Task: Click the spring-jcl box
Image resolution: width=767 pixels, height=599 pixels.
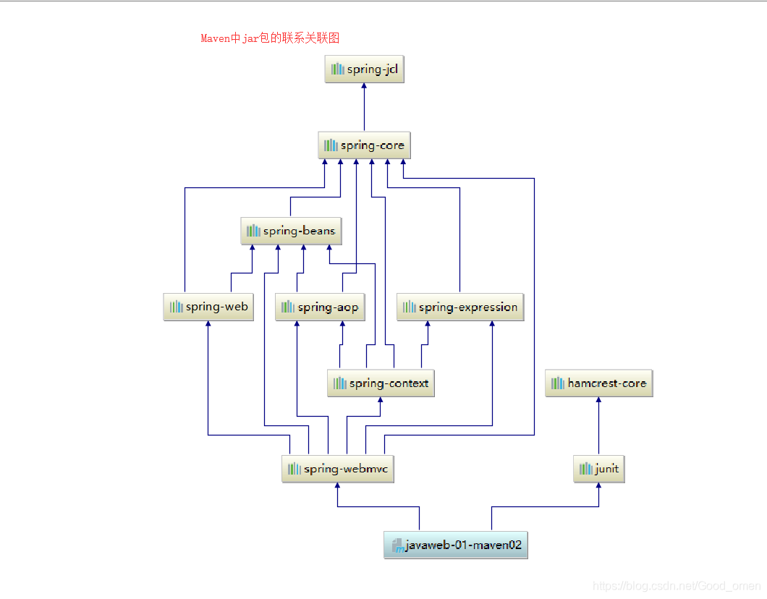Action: coord(364,69)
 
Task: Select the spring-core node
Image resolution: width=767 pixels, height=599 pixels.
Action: coord(364,145)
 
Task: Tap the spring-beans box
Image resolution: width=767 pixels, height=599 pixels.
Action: coord(290,231)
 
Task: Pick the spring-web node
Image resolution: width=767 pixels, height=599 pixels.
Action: coord(208,307)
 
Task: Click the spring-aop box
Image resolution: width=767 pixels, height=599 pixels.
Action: coord(319,307)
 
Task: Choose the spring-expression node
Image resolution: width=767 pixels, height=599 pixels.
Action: coord(460,307)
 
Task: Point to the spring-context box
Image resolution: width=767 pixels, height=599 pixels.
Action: coord(381,383)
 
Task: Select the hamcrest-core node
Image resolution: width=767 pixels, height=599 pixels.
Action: coord(598,383)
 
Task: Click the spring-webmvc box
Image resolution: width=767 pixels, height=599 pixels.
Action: coord(337,469)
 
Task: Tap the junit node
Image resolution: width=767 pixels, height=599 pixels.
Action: coord(598,469)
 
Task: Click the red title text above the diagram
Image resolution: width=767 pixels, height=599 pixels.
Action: coord(270,38)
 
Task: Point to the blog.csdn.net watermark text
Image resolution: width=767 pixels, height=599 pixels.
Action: coord(677,585)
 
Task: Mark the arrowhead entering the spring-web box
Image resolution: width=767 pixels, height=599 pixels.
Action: coord(208,325)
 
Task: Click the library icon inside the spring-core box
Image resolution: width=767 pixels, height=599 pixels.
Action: coord(331,145)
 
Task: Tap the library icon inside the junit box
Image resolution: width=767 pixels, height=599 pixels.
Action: coord(585,469)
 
